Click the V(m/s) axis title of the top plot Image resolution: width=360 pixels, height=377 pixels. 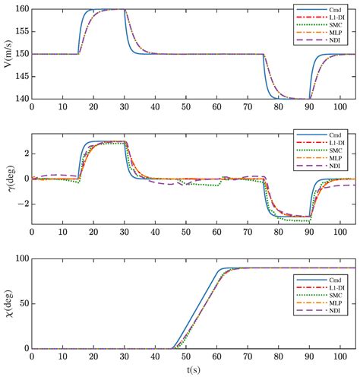8,54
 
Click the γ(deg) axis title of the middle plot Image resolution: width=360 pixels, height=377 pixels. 8,179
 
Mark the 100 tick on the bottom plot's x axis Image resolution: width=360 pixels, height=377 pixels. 339,356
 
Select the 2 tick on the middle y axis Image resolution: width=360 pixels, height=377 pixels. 25,154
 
